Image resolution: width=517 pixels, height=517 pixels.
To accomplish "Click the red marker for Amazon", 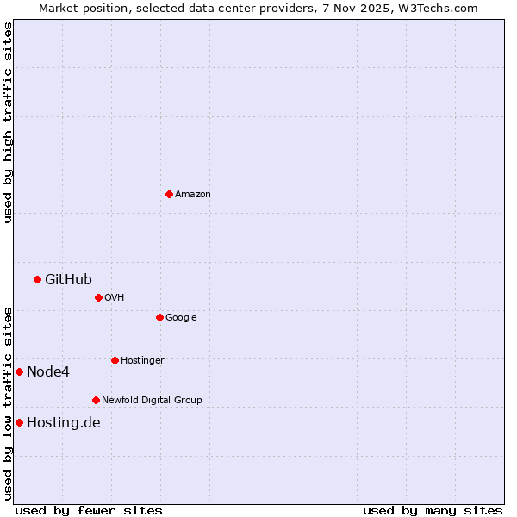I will [169, 194].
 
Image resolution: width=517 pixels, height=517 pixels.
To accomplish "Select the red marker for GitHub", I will [37, 279].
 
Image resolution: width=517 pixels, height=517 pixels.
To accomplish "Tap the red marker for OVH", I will [98, 297].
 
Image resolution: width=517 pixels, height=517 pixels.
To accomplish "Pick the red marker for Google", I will [159, 317].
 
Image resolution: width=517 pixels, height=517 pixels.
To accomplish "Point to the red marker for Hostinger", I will [115, 360].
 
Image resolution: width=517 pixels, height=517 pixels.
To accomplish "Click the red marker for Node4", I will [19, 371].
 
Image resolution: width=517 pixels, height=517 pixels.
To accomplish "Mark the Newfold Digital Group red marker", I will [96, 400].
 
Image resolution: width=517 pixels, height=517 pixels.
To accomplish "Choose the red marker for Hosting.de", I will [19, 422].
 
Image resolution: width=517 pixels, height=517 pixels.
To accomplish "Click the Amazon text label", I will [193, 195].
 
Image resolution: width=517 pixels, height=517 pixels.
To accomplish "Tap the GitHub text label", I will [68, 279].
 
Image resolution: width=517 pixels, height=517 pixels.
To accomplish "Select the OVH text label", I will [115, 298].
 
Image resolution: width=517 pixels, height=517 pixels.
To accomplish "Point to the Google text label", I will [181, 318].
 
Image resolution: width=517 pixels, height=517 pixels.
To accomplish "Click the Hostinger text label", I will [142, 361].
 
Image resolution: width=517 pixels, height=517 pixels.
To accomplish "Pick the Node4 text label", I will [48, 372].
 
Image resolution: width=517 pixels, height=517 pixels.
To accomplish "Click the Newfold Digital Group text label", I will [152, 401].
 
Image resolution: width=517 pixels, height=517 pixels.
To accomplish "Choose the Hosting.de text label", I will [64, 423].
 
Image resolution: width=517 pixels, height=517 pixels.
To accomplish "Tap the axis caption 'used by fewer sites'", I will [89, 510].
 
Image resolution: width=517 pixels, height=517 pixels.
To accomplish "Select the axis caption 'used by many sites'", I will [433, 510].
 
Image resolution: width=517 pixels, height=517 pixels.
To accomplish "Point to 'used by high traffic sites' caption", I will [8, 122].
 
